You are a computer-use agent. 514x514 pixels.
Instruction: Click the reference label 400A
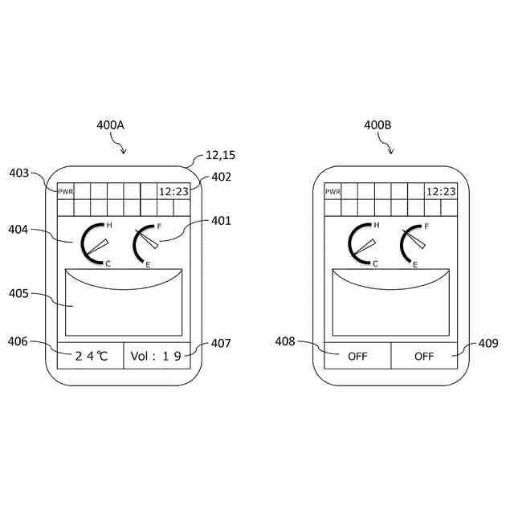[x=110, y=125]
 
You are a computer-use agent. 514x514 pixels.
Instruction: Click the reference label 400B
[x=377, y=125]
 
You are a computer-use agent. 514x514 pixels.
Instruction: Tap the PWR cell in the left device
[x=65, y=191]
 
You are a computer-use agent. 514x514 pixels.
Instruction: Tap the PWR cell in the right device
[x=332, y=191]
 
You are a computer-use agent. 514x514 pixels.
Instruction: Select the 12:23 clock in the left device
[x=173, y=191]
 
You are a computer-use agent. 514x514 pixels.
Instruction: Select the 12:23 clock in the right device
[x=440, y=191]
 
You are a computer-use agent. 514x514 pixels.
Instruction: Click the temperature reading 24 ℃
[x=91, y=356]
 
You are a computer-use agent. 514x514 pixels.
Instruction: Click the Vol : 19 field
[x=157, y=356]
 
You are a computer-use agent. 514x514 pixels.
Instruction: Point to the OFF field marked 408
[x=357, y=356]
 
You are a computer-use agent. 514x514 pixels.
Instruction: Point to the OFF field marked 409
[x=424, y=356]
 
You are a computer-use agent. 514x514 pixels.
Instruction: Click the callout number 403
[x=20, y=173]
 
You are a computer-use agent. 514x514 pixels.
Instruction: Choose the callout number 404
[x=18, y=230]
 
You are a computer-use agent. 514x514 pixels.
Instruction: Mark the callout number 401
[x=221, y=221]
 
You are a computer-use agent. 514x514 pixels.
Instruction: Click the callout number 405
[x=18, y=294]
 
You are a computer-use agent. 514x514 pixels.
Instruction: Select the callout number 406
[x=18, y=342]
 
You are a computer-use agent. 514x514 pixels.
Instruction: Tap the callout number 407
[x=221, y=343]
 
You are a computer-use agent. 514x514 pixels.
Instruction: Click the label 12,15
[x=219, y=154]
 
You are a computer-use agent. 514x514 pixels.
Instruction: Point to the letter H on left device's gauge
[x=108, y=225]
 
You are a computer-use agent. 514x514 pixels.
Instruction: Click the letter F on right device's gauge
[x=426, y=226]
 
